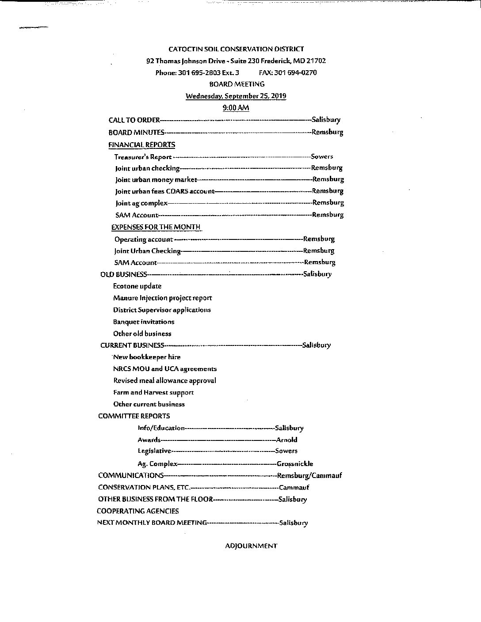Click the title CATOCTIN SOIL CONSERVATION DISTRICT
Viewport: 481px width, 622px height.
(x=236, y=49)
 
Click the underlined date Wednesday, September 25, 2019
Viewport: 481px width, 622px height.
(x=236, y=96)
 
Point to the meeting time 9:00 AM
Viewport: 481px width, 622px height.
(x=236, y=108)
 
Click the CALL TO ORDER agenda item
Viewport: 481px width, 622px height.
(x=134, y=120)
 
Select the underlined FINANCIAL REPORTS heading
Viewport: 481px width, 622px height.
(x=141, y=144)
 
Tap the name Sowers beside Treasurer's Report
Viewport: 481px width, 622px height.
(x=322, y=156)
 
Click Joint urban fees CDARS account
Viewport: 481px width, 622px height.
(x=164, y=191)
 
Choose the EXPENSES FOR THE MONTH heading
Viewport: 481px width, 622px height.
(x=156, y=227)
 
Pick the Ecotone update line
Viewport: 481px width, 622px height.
(x=137, y=286)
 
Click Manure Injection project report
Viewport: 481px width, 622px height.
(x=162, y=298)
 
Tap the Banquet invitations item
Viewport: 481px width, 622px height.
(x=144, y=322)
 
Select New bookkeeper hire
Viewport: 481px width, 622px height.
(x=147, y=357)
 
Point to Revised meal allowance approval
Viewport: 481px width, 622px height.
(x=164, y=380)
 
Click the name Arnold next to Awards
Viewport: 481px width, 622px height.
(x=286, y=440)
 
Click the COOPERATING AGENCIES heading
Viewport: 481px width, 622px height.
(x=138, y=511)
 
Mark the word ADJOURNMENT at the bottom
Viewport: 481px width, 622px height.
(x=251, y=546)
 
